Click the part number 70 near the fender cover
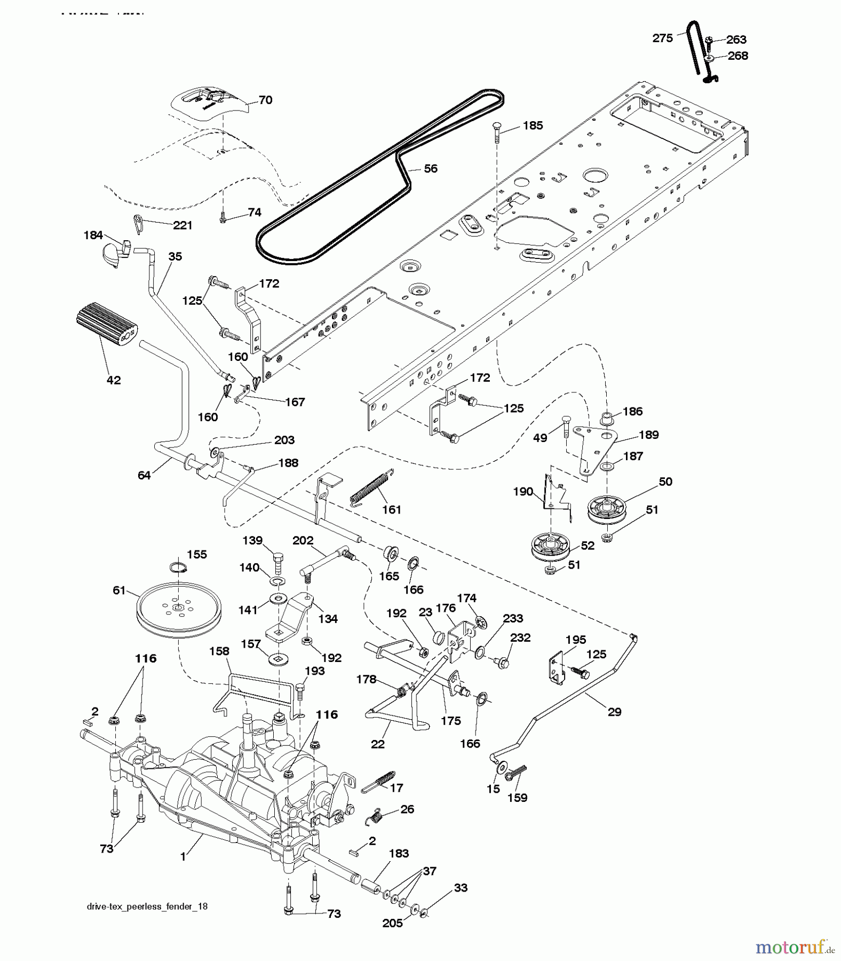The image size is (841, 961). coord(265,100)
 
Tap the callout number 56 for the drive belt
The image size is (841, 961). coord(430,169)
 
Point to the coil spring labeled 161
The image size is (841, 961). coord(372,487)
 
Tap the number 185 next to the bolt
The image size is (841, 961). coord(533,125)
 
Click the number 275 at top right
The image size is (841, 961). coord(663,38)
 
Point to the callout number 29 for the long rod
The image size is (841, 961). coord(615,712)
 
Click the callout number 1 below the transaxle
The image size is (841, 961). coord(183,856)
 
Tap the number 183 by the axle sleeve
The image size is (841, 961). coord(399,853)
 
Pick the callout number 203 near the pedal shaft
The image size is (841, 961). coord(284,439)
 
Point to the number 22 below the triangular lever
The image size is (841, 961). coord(377,744)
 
